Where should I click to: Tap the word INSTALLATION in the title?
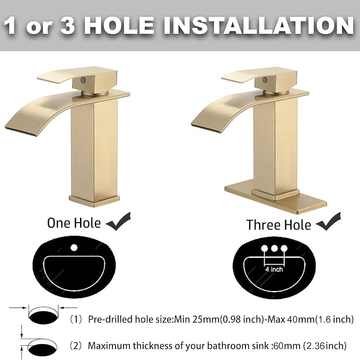click(258, 25)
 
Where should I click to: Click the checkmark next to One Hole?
click(118, 221)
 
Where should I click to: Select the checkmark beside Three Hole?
click(328, 222)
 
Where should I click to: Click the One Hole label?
click(74, 223)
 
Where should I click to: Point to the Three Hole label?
click(279, 225)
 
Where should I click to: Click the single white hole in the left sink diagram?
click(74, 248)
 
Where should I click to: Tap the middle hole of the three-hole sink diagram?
click(274, 248)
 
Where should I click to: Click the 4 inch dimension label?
click(274, 269)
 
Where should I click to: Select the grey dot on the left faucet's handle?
click(83, 80)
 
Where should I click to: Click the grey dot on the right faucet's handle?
click(265, 80)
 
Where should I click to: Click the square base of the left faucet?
click(94, 200)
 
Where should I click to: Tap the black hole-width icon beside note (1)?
click(43, 317)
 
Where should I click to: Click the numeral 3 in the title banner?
click(67, 25)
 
